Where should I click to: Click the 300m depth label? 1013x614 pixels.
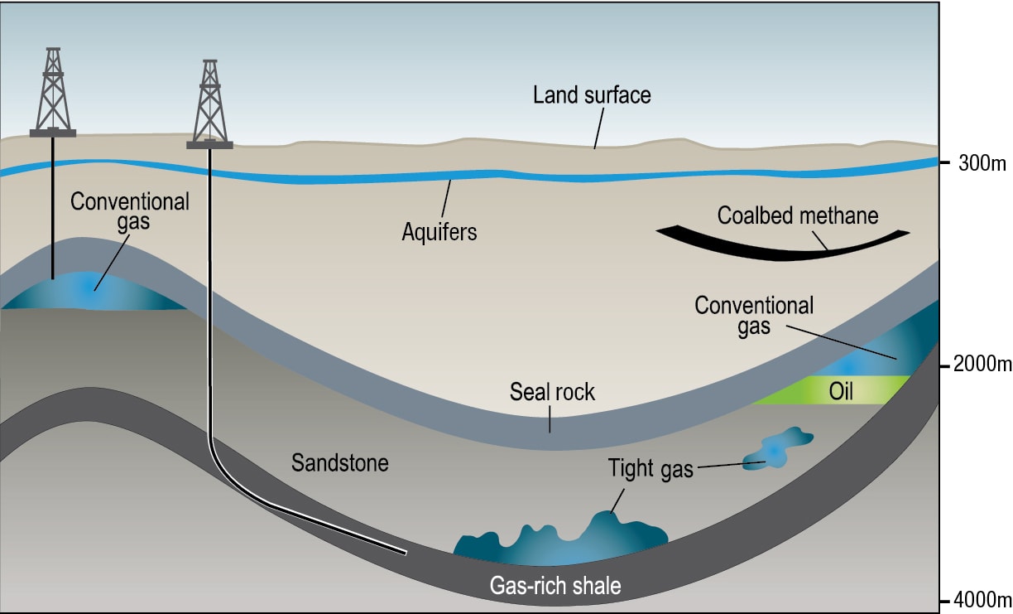pos(982,163)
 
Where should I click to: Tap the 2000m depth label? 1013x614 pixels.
pos(982,364)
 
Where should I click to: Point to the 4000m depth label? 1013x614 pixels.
pos(982,600)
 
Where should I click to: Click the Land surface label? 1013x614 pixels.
pos(592,95)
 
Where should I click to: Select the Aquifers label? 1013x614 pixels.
pos(439,232)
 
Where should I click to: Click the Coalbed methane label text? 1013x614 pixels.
pos(798,215)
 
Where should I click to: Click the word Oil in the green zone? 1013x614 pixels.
pos(841,391)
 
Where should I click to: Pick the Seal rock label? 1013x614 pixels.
pos(552,392)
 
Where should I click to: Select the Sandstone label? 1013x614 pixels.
pos(340,462)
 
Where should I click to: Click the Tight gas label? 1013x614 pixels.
pos(651,469)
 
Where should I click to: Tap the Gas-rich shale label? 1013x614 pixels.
pos(555,586)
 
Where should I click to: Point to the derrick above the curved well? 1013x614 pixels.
pos(210,104)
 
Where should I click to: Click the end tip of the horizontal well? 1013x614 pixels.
pos(406,553)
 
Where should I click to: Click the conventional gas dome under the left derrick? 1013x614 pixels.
pos(93,292)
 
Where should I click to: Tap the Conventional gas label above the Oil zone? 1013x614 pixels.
pos(754,316)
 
